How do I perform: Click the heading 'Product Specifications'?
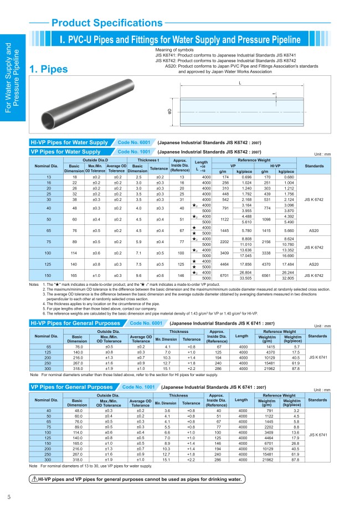[100, 23]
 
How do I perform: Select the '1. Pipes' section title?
[49, 69]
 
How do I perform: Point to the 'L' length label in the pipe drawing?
[240, 83]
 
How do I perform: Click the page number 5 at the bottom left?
[9, 496]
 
